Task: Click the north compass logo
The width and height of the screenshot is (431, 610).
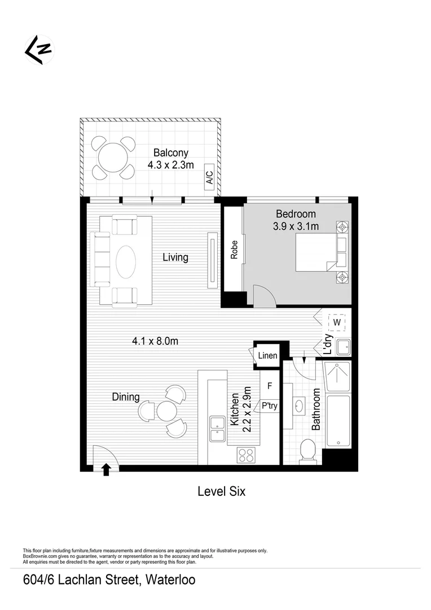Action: click(38, 50)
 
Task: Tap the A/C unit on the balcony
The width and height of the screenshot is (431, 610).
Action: click(209, 178)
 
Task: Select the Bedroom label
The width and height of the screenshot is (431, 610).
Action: click(296, 214)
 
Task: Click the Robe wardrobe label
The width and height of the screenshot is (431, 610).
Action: click(234, 250)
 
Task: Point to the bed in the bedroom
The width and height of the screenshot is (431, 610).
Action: click(317, 252)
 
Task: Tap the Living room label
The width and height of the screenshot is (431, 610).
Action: click(175, 258)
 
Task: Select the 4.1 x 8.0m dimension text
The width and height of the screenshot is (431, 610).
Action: click(155, 341)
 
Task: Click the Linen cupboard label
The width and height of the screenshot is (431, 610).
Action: click(268, 355)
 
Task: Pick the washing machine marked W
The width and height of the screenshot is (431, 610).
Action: click(337, 322)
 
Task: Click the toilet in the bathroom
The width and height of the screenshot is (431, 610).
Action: click(308, 450)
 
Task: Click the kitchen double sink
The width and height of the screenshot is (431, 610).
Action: click(217, 429)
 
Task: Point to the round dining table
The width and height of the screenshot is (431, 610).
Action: click(167, 411)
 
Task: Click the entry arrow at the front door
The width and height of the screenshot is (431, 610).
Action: click(106, 469)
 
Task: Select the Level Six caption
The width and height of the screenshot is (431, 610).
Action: click(221, 491)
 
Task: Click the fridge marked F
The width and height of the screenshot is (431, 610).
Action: click(270, 386)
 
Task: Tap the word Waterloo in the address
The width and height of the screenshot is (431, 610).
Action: click(171, 579)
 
